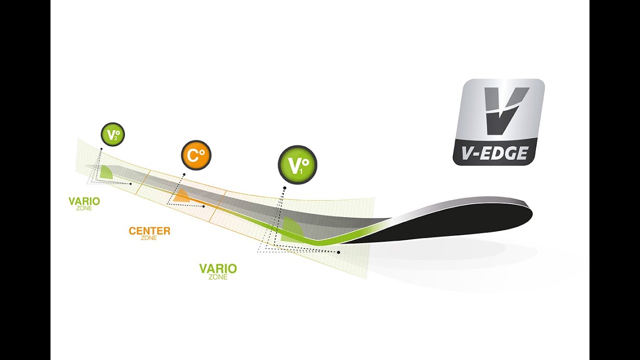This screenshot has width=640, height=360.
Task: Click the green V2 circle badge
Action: [x=112, y=134]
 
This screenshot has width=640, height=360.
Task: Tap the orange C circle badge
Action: [x=196, y=155]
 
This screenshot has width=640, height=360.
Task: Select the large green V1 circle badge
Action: [x=297, y=165]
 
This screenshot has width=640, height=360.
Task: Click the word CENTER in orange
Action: [x=149, y=231]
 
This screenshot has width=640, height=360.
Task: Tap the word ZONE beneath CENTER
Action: [x=149, y=238]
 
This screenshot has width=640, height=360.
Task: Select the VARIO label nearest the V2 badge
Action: [x=84, y=201]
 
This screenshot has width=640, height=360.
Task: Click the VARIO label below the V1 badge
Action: [x=218, y=269]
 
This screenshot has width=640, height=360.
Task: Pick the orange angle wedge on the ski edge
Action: [x=180, y=196]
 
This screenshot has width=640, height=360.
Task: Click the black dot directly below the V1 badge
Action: [x=284, y=188]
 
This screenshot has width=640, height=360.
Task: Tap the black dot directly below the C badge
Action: [x=184, y=174]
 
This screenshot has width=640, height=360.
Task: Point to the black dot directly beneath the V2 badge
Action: [x=101, y=149]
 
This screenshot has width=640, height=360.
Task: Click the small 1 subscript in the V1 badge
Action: [x=301, y=171]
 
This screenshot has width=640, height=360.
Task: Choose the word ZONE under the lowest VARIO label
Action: [x=218, y=277]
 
